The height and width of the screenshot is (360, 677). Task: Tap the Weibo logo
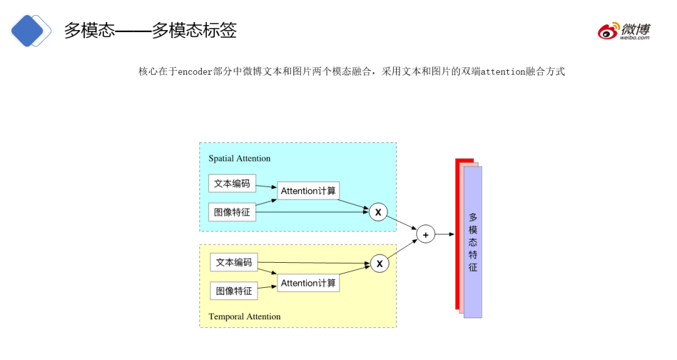tap(623, 31)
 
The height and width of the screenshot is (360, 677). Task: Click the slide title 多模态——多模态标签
tap(150, 30)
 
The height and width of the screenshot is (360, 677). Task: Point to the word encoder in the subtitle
tap(196, 71)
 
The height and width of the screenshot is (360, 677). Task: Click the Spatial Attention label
tap(239, 159)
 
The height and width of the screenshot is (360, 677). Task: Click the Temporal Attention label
tap(244, 317)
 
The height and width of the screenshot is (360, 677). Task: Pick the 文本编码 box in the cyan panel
tap(232, 184)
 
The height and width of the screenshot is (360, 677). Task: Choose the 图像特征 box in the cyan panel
tap(232, 213)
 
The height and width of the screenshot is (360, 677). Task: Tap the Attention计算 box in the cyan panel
tap(308, 191)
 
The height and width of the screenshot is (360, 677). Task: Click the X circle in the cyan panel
tap(378, 213)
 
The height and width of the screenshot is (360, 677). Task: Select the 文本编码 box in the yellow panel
tap(234, 262)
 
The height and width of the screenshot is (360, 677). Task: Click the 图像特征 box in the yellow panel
tap(234, 291)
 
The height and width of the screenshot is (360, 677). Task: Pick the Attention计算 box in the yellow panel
tap(308, 283)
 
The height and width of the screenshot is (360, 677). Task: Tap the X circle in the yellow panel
tap(379, 264)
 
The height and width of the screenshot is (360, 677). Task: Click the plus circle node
tap(426, 235)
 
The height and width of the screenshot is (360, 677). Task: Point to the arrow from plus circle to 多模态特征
tap(444, 235)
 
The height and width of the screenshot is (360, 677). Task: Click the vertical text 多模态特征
tap(473, 242)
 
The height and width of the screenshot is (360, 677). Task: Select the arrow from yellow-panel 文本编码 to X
tap(313, 263)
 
